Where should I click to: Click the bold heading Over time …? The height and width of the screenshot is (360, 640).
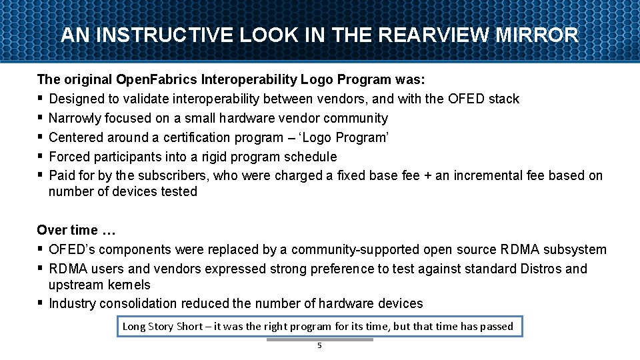tap(77, 230)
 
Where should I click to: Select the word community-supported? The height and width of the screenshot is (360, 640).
tap(355, 249)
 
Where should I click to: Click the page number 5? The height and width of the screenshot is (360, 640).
tap(319, 346)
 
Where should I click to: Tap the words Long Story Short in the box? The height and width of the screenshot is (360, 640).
tap(162, 326)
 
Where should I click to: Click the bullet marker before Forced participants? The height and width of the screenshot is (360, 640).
tap(41, 157)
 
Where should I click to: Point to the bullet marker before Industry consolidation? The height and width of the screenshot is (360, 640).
tap(41, 303)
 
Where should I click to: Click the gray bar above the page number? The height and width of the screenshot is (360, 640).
tap(319, 339)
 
